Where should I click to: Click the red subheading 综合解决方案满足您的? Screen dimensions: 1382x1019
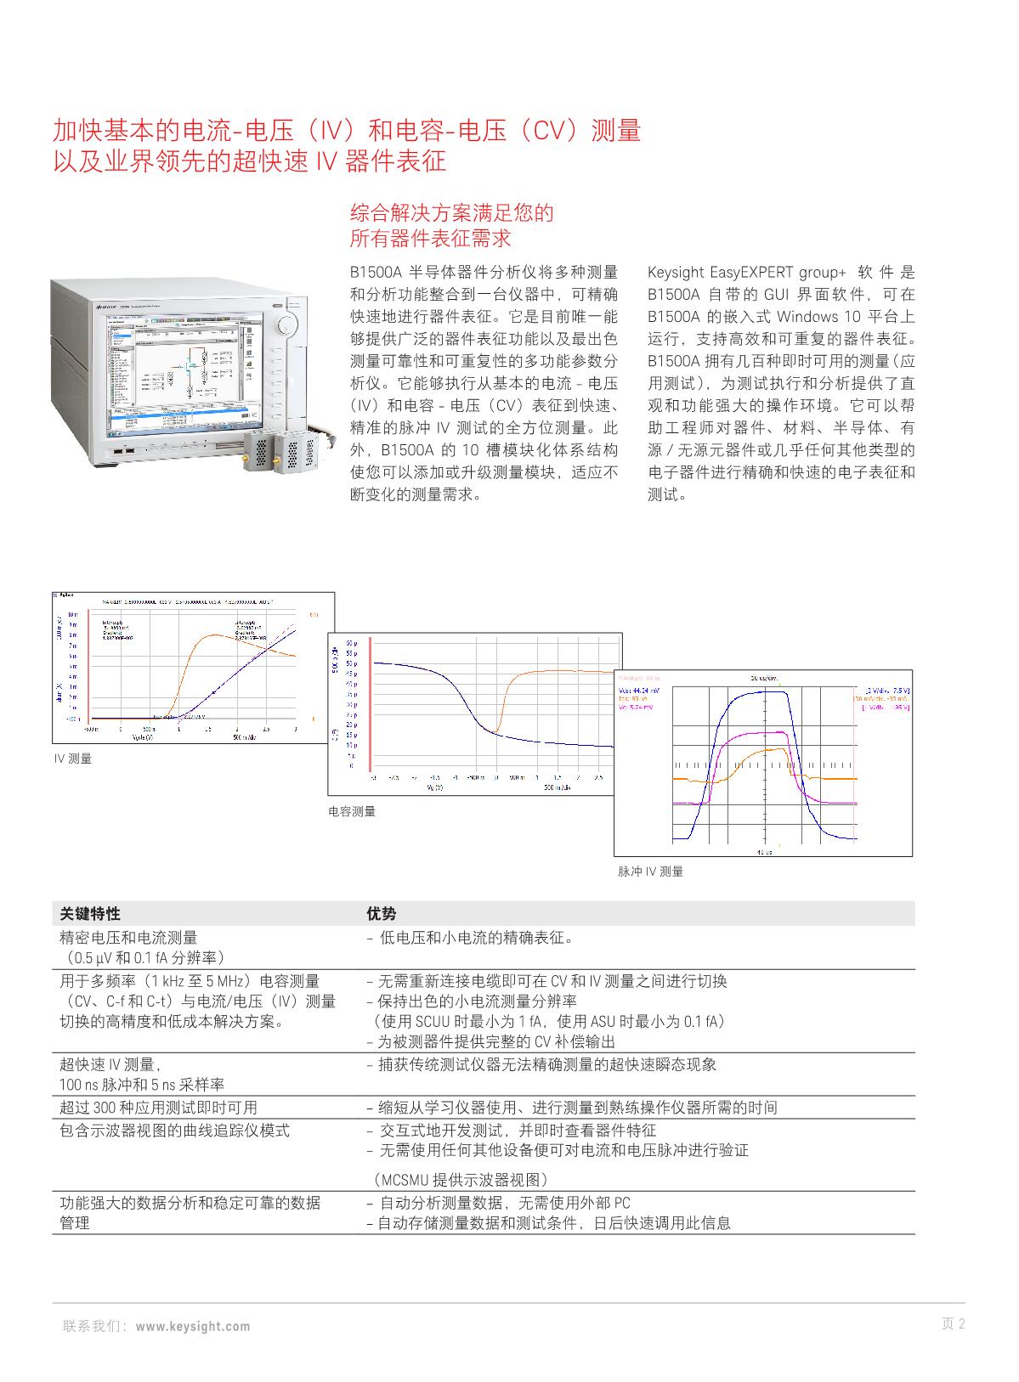pos(451,212)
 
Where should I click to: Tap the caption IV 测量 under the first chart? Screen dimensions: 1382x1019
pos(73,759)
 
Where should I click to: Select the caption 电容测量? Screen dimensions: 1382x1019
pos(352,812)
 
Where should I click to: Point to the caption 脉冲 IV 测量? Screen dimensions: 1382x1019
pos(650,872)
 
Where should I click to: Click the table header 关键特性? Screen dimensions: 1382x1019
pos(90,914)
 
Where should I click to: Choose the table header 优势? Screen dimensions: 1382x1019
pos(381,914)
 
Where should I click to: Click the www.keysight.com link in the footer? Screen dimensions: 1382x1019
pos(193,1326)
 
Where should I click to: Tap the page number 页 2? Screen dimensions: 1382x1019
pos(954,1323)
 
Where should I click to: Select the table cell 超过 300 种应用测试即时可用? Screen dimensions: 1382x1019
pos(158,1108)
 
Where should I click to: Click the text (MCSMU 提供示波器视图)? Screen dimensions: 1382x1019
pos(461,1180)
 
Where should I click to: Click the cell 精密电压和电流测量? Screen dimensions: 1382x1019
pos(128,938)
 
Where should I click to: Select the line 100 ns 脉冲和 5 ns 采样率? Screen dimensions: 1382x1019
pos(142,1085)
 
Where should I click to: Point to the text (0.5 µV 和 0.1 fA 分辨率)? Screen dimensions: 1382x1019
pos(142,958)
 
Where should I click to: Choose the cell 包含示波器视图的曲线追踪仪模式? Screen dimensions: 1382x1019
pos(174,1131)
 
